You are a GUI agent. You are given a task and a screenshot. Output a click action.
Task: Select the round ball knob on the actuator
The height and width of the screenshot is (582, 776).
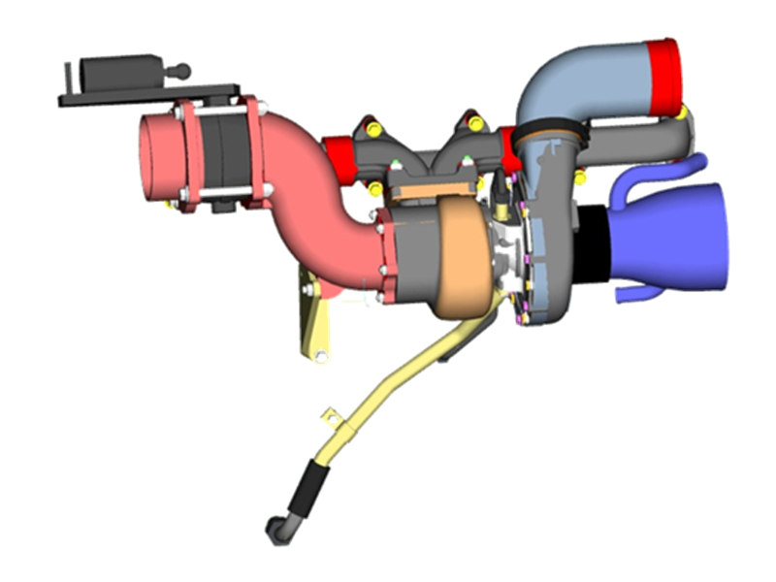(180, 70)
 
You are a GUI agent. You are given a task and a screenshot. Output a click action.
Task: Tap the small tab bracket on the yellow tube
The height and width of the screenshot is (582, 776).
(333, 417)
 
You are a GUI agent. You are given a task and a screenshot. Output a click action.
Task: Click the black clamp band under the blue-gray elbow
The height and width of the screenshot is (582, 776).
(549, 132)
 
